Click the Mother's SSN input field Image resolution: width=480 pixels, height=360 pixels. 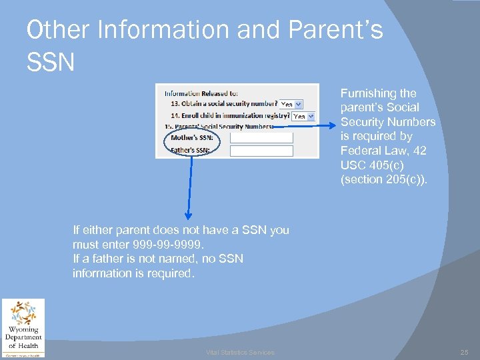(x=261, y=138)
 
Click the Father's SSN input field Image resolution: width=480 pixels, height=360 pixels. (x=261, y=151)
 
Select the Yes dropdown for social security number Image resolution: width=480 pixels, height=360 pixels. (x=291, y=104)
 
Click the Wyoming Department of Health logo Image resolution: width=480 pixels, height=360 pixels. (x=23, y=328)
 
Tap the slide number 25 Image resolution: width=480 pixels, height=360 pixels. (x=465, y=352)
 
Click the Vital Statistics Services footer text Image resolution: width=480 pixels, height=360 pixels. (x=240, y=353)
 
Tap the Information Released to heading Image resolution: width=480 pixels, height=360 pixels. (x=201, y=93)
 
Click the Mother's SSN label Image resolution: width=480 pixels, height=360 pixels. (x=190, y=138)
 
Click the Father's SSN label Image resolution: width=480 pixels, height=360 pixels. (x=190, y=151)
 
